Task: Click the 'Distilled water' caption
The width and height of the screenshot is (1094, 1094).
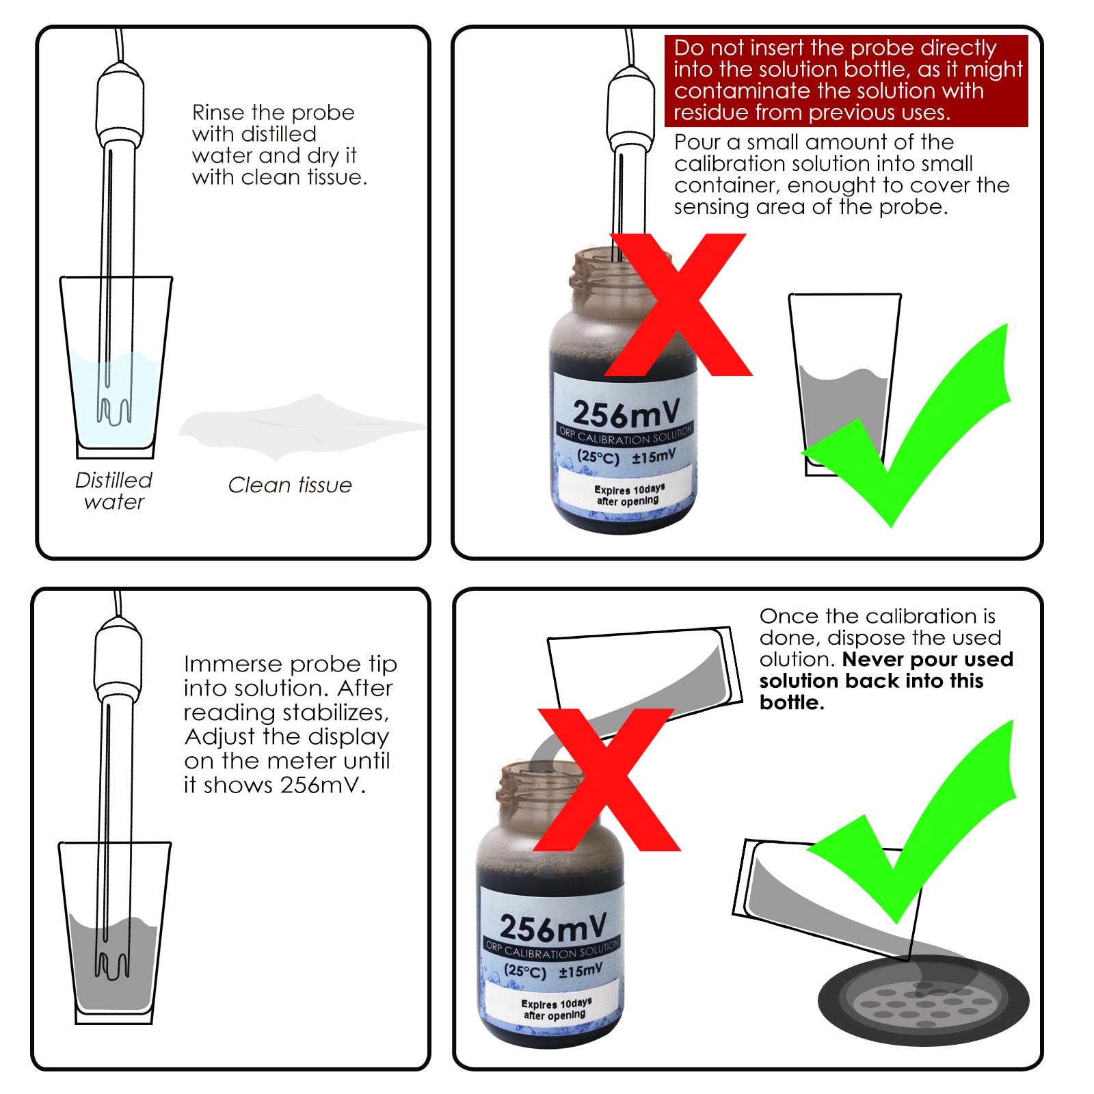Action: point(114,491)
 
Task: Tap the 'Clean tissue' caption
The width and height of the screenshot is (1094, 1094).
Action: point(290,485)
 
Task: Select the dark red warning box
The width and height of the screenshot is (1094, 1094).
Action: point(846,81)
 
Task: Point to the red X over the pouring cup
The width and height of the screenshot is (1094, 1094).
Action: point(606,779)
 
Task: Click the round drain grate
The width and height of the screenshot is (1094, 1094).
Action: point(924,1001)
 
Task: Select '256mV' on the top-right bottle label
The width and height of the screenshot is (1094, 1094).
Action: point(626,413)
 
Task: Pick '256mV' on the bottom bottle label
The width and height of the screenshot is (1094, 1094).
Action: point(553,927)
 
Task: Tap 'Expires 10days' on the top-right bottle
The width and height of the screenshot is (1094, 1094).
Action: point(629,490)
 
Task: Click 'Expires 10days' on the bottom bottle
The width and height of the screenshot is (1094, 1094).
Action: point(557,1004)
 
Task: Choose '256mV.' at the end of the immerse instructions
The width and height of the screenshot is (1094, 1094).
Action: point(323,785)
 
